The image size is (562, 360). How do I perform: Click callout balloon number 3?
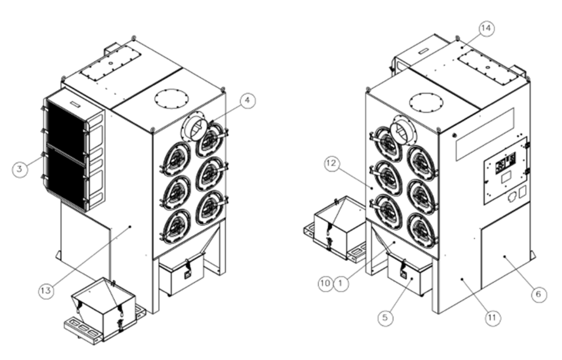[x=20, y=168]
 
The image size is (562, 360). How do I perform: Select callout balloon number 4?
[x=247, y=100]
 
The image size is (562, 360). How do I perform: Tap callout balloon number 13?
[x=46, y=291]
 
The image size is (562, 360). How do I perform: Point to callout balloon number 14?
[x=486, y=28]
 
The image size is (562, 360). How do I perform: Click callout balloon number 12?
[x=332, y=163]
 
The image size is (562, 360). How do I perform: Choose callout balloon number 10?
[x=325, y=284]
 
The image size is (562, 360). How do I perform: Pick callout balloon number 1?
[x=341, y=284]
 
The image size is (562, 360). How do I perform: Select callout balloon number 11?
[x=493, y=318]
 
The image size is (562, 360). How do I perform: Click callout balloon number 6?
[x=538, y=294]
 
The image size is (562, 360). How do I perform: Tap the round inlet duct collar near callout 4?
[x=195, y=127]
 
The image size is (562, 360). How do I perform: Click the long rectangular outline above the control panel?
[x=485, y=134]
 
